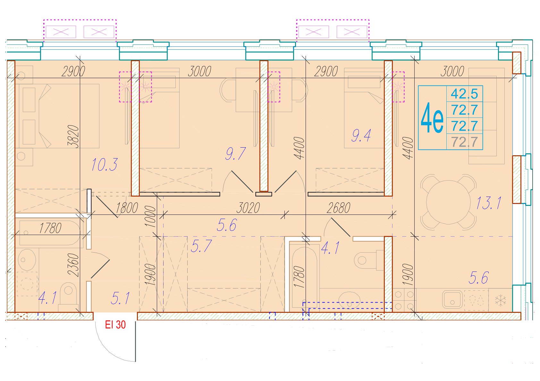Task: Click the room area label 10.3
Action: click(105, 165)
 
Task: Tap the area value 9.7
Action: click(235, 154)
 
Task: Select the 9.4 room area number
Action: click(361, 135)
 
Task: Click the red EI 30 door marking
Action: click(115, 325)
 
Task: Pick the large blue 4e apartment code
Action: click(432, 118)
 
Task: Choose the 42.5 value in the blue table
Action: click(464, 93)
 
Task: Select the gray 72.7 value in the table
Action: click(464, 142)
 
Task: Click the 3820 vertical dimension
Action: click(73, 136)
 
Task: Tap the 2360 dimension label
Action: click(73, 265)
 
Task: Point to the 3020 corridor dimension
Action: click(248, 208)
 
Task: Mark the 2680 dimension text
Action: click(338, 208)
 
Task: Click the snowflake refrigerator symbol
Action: click(501, 300)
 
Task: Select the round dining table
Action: click(448, 202)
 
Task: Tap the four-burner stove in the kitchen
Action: click(404, 300)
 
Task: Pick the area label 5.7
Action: click(201, 246)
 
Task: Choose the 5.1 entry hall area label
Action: click(120, 298)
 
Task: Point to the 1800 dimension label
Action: click(127, 208)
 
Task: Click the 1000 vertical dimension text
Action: click(150, 217)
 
